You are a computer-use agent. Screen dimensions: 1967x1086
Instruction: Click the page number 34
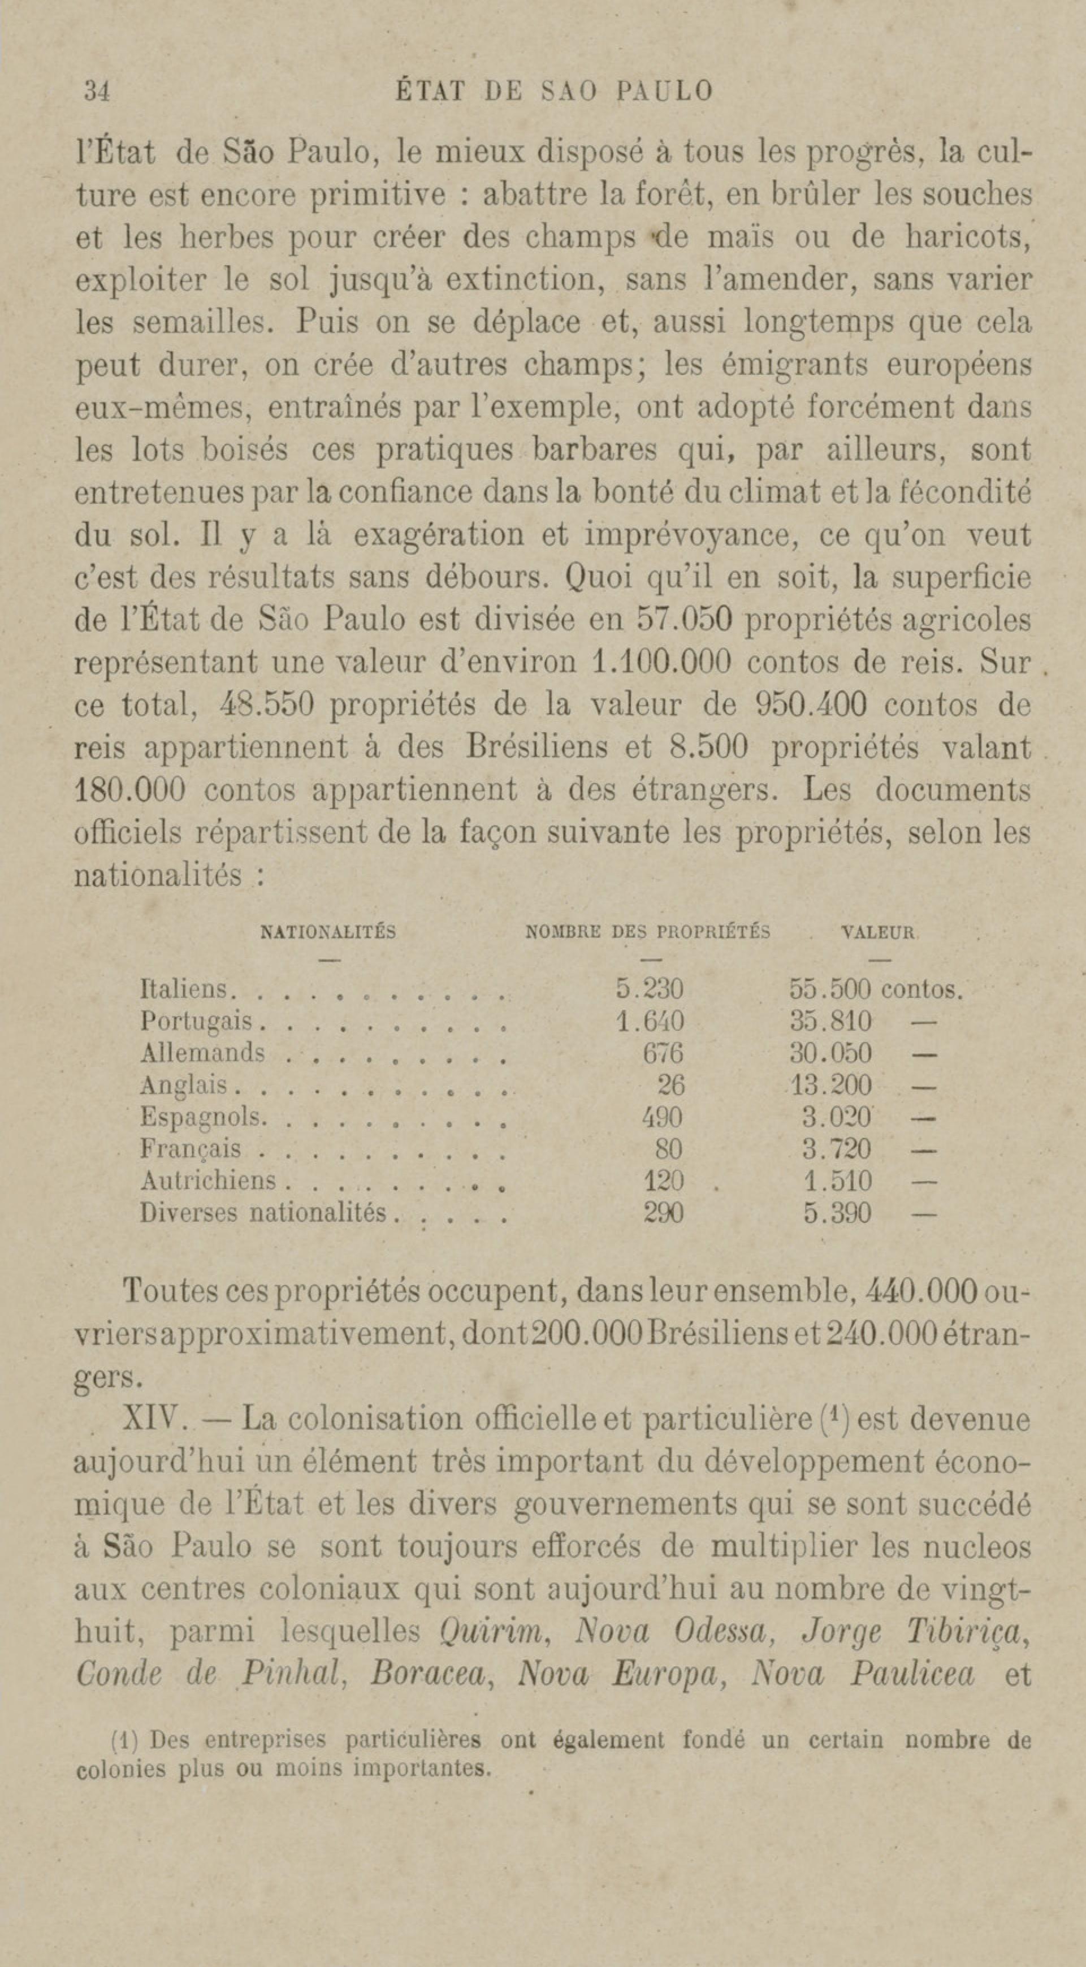click(98, 92)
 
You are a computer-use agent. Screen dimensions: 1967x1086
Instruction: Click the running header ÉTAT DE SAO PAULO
click(555, 92)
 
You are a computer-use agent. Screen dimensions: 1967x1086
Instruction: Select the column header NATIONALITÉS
click(328, 932)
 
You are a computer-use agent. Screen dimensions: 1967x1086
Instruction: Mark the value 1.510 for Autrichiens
click(837, 1182)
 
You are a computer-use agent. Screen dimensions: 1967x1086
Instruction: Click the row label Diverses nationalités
click(263, 1213)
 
